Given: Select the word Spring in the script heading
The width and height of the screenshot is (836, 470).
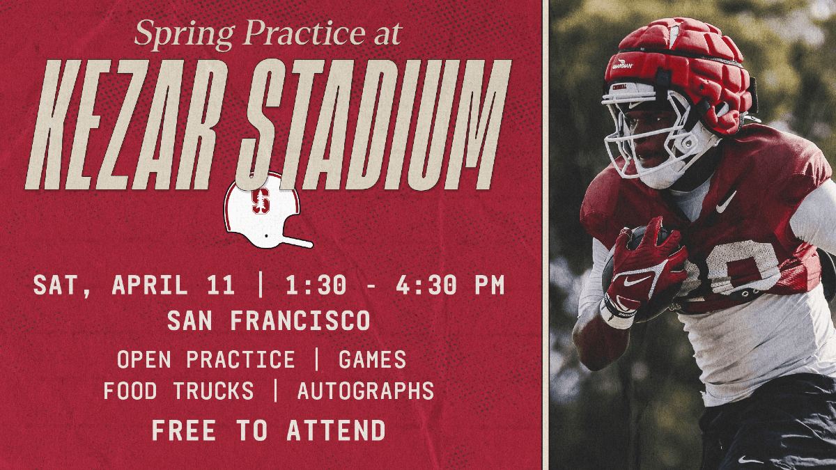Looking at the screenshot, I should click(x=175, y=34).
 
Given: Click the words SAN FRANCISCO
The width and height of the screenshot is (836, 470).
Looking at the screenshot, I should click(x=268, y=321).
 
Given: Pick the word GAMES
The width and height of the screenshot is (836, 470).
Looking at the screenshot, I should click(x=372, y=359).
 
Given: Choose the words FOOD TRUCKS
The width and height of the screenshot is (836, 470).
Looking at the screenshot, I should click(x=178, y=391).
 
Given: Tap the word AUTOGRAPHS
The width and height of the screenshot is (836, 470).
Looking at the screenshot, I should click(x=365, y=391).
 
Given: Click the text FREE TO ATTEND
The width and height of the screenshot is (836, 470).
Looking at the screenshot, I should click(x=268, y=430).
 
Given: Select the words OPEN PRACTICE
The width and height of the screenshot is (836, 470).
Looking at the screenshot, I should click(x=206, y=359).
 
